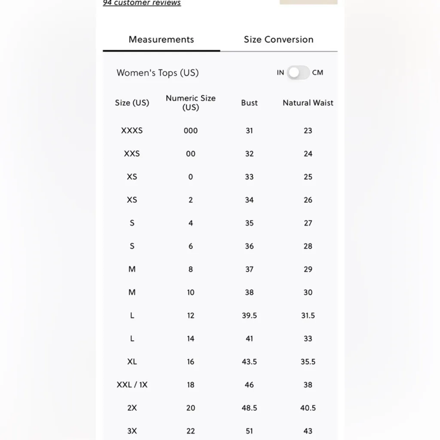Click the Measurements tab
click(x=161, y=40)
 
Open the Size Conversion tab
click(x=278, y=40)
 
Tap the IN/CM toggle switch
click(x=299, y=73)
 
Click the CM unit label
click(x=318, y=73)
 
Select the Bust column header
click(x=249, y=103)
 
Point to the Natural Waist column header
click(x=308, y=103)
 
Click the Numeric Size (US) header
click(x=190, y=103)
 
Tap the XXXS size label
click(x=132, y=131)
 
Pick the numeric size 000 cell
click(x=190, y=131)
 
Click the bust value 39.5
click(x=249, y=315)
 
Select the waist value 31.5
click(x=308, y=315)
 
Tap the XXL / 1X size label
click(x=132, y=385)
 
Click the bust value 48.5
click(x=249, y=408)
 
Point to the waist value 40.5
click(x=308, y=408)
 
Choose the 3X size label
click(x=132, y=431)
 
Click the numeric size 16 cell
click(x=190, y=362)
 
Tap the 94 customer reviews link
click(x=142, y=3)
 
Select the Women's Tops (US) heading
click(x=157, y=73)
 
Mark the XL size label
click(x=132, y=362)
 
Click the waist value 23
click(x=308, y=131)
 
